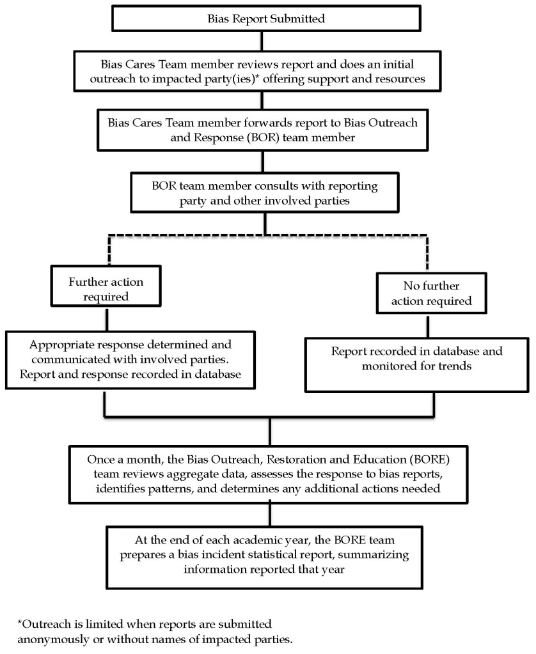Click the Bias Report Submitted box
point(266,19)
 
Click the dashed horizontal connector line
point(265,235)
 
